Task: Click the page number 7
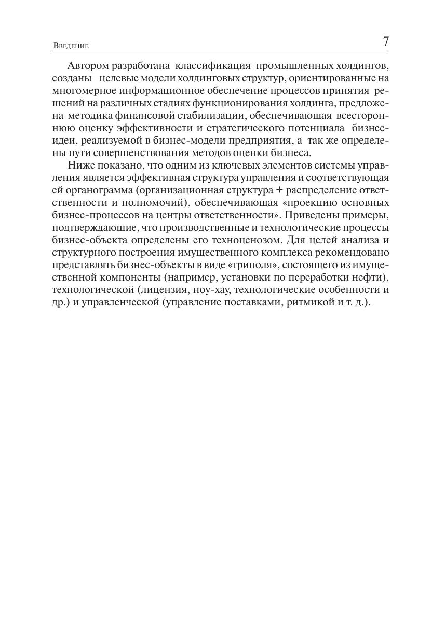tap(386, 42)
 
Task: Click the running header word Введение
tap(71, 46)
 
